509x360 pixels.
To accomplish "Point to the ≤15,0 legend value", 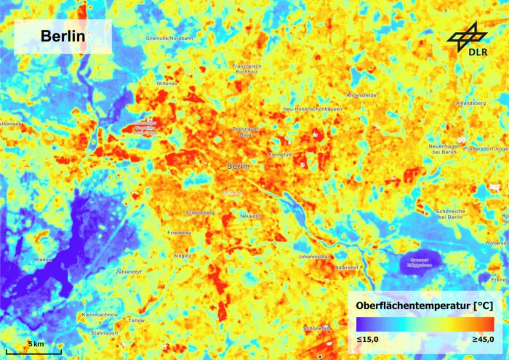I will click(x=367, y=340).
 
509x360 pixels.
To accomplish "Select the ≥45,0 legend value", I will click(x=481, y=340).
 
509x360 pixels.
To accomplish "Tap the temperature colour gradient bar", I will click(x=425, y=324).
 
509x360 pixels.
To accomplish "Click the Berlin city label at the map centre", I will click(x=239, y=167).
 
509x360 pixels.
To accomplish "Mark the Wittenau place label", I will click(x=167, y=84).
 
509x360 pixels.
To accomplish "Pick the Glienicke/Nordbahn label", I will click(x=169, y=38).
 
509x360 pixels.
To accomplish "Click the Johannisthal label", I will click(x=316, y=257).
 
